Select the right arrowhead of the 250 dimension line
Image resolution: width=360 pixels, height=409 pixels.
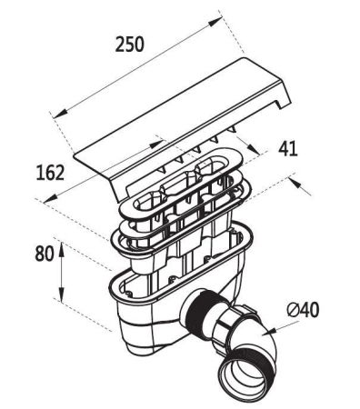tap(221, 16)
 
